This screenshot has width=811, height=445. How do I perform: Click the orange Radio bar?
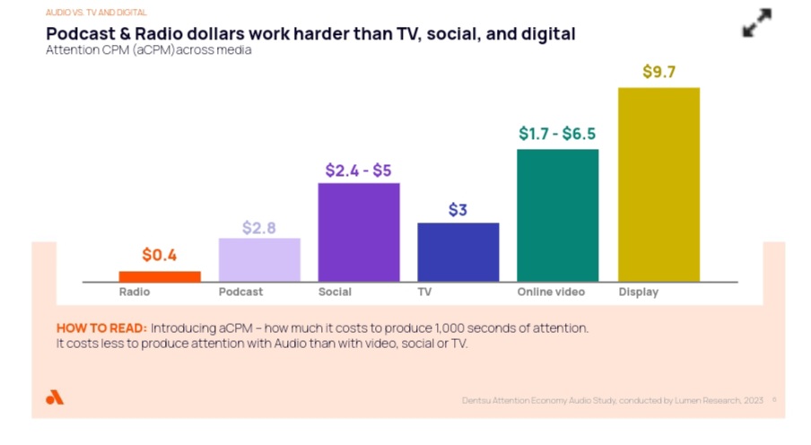(x=160, y=275)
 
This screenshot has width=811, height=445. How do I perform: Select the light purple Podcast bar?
(x=259, y=259)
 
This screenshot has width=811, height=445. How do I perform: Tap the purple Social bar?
(x=359, y=231)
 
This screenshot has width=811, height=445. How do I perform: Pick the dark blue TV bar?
(x=458, y=251)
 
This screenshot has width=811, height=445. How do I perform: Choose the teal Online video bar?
(x=557, y=214)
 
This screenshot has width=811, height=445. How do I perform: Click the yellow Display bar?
(x=658, y=184)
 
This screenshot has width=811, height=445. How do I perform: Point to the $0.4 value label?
(x=159, y=256)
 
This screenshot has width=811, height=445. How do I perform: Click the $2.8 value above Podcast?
(x=258, y=228)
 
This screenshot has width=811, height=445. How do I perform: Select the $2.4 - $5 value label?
(x=358, y=170)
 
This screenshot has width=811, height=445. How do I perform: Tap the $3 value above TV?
(x=458, y=211)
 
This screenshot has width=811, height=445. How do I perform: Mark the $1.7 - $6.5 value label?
(x=557, y=135)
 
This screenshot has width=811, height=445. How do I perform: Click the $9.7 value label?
(x=658, y=73)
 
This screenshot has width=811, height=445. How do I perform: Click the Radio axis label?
(x=134, y=292)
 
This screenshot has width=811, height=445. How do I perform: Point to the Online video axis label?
(x=550, y=292)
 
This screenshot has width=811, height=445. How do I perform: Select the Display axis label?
(x=638, y=292)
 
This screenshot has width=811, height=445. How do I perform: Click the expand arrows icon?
(x=757, y=23)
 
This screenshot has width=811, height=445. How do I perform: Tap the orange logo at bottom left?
(x=55, y=397)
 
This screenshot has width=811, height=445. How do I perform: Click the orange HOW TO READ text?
(x=101, y=328)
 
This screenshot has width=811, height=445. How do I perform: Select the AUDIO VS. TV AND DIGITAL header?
(x=96, y=13)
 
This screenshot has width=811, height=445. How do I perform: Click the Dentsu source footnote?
(x=612, y=400)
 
